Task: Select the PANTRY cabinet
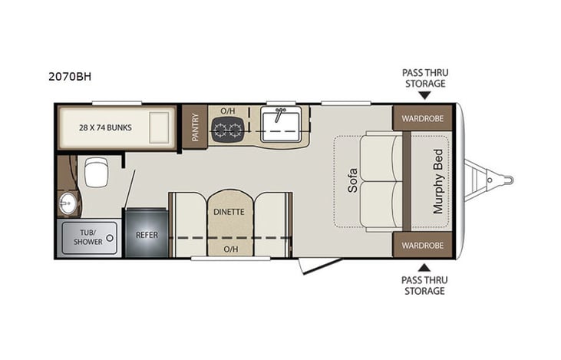pos(194,127)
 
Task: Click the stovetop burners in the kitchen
pos(228,130)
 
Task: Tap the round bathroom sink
pos(67,204)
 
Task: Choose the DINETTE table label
pos(229,211)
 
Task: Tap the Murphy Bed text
pos(438,181)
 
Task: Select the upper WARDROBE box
pos(424,118)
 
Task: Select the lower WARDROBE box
pos(424,245)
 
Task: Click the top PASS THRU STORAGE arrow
pos(424,95)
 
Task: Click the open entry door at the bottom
pos(319,266)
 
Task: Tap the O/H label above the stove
pos(228,111)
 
